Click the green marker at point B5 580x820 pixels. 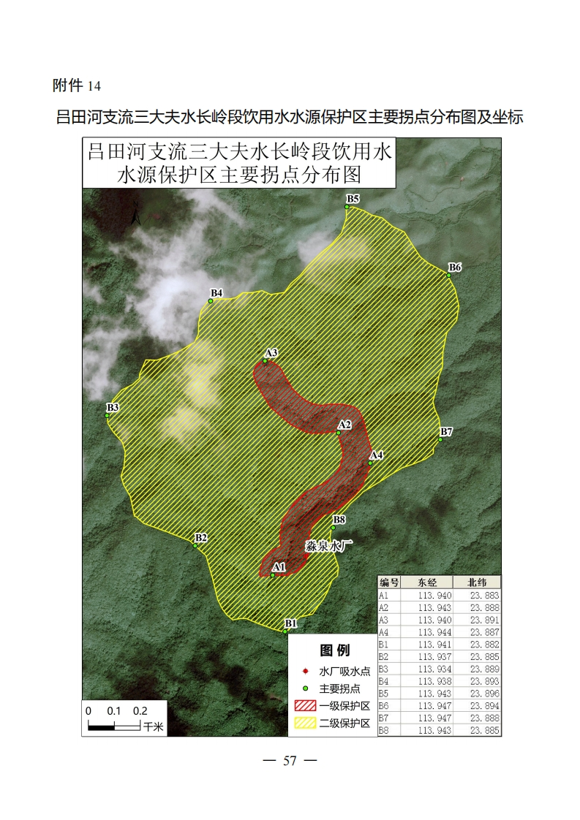click(347, 207)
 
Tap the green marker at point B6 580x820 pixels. click(449, 275)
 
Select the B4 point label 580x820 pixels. click(216, 293)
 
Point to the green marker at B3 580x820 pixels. click(107, 416)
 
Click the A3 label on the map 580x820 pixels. click(271, 353)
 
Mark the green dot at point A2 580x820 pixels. click(338, 433)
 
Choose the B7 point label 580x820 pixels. click(446, 432)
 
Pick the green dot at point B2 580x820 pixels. click(195, 546)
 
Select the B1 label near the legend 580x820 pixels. click(291, 623)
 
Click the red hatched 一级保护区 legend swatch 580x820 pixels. click(305, 706)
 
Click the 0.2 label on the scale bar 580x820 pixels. click(140, 710)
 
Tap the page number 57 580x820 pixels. click(290, 761)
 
